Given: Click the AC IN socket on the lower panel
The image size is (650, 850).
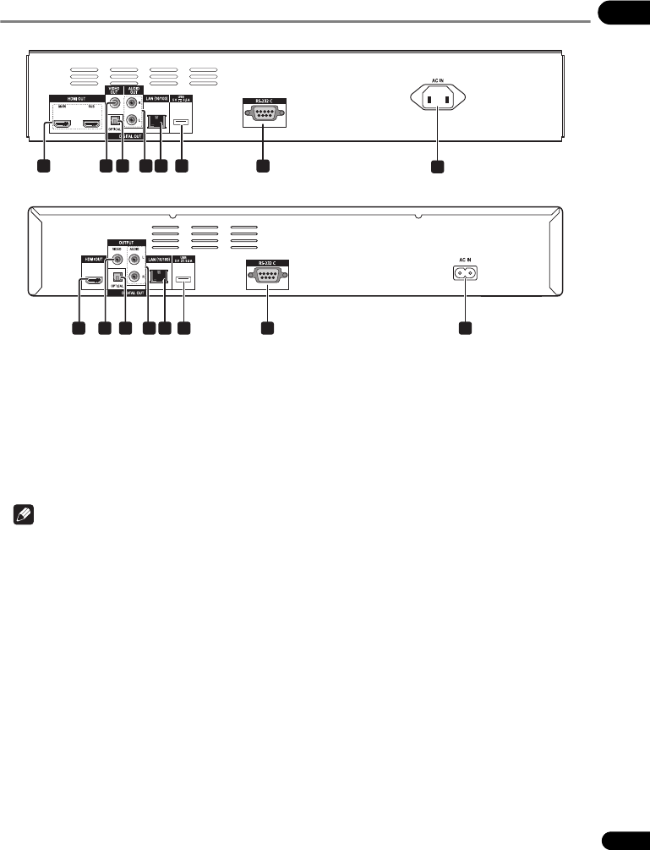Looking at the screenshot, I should [x=464, y=274].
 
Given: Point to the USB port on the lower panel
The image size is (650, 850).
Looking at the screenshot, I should [x=184, y=276].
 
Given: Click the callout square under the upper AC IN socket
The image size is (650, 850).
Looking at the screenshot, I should [x=436, y=167].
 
